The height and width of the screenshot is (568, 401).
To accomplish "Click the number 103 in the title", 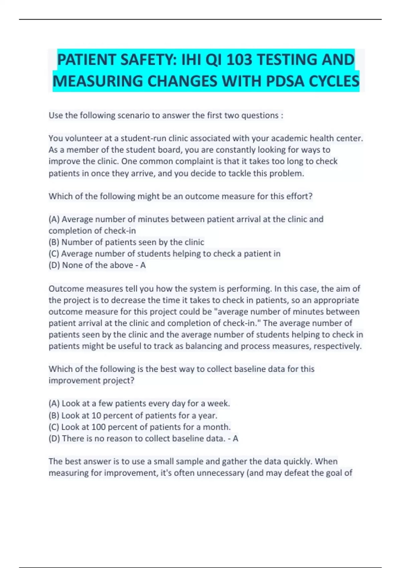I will pyautogui.click(x=239, y=60).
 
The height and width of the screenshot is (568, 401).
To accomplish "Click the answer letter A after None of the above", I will pyautogui.click(x=143, y=265).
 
